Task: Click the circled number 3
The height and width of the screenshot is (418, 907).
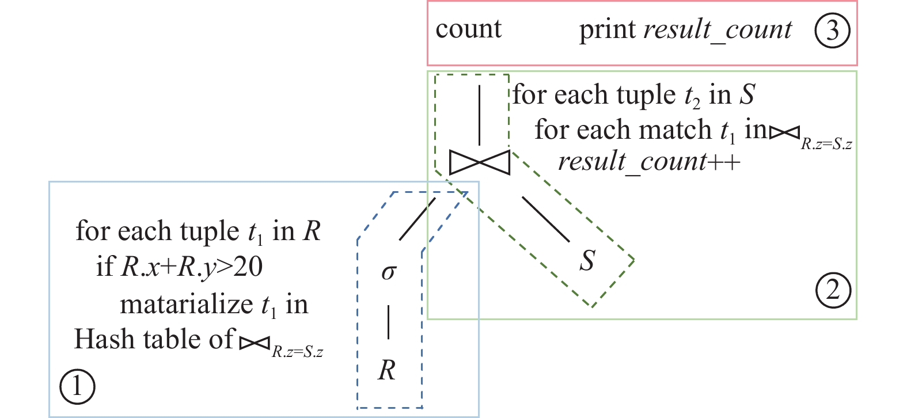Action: (x=832, y=31)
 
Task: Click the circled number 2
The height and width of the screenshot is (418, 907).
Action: (x=833, y=290)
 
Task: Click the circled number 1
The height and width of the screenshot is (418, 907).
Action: (x=77, y=386)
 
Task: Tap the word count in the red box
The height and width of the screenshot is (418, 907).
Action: (x=468, y=29)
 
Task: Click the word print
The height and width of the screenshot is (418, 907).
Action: (x=607, y=31)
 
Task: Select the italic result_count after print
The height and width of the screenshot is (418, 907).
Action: (x=718, y=31)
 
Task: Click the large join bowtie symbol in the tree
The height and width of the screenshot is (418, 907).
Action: (x=479, y=162)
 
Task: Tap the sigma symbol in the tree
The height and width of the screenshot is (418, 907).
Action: (x=389, y=271)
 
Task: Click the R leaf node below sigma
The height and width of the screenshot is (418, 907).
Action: (x=387, y=370)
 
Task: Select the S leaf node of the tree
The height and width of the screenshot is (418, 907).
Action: (x=587, y=260)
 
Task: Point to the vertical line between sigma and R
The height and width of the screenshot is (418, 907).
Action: (x=389, y=322)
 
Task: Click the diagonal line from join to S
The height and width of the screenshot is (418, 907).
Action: (x=546, y=219)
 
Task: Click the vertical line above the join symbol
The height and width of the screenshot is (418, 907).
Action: (x=479, y=115)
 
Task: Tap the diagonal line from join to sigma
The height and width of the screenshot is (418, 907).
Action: (x=417, y=219)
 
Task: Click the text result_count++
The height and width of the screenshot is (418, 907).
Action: (x=649, y=162)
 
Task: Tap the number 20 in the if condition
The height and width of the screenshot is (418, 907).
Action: (x=248, y=267)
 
